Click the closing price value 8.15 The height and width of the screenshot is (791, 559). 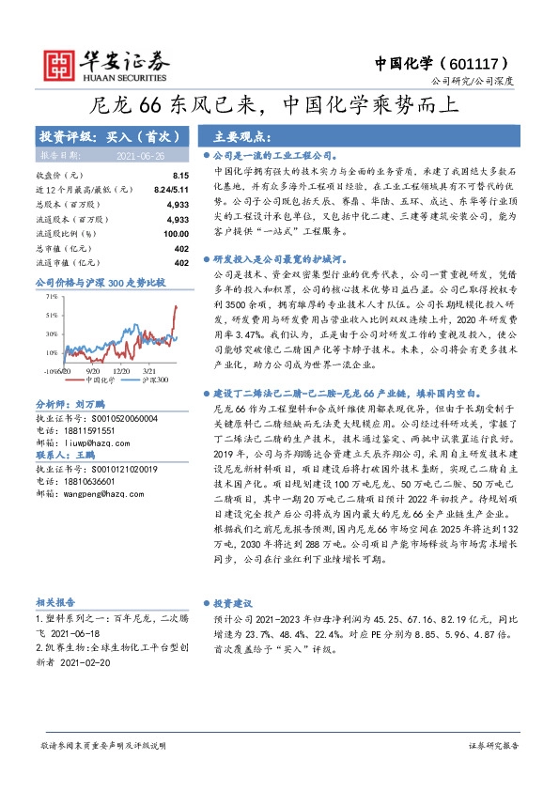(180, 176)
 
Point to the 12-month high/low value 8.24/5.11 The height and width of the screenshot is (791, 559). (170, 189)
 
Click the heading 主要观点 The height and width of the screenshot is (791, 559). (241, 135)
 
